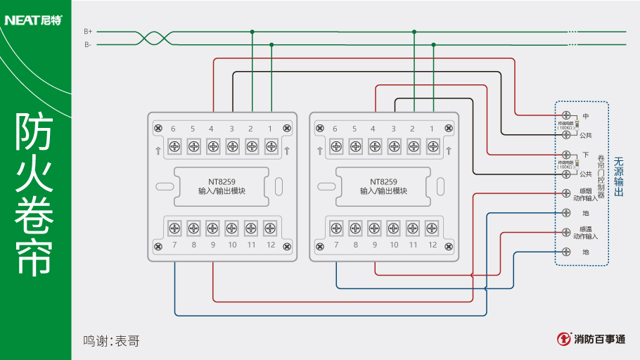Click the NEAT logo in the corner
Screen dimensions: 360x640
tap(32, 20)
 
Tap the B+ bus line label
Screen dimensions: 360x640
tap(88, 32)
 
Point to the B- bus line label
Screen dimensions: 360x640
tap(88, 45)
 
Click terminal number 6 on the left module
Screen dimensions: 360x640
tap(173, 129)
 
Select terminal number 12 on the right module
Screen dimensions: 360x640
tap(433, 245)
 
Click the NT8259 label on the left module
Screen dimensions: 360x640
tap(222, 181)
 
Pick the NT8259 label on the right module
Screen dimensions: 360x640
tap(383, 181)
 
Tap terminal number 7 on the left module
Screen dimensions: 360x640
tap(174, 245)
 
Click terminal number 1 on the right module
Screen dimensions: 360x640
tap(432, 129)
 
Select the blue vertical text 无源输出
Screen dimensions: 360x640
tap(619, 176)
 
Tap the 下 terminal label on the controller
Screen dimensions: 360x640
tap(586, 154)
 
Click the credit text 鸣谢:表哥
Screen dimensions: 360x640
tap(111, 341)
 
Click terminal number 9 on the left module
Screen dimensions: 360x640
tap(212, 245)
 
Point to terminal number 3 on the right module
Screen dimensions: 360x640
tap(393, 129)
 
